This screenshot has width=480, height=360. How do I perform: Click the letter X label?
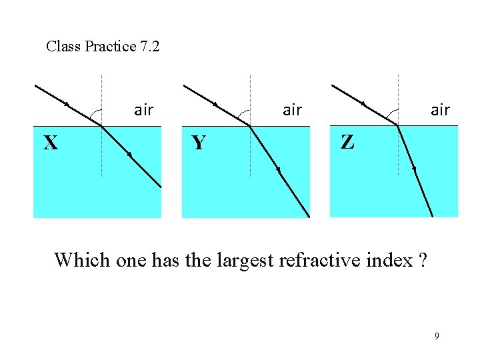pyautogui.click(x=50, y=143)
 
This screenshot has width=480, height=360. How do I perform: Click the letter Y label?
pyautogui.click(x=198, y=143)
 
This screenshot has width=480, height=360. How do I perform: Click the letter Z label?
pyautogui.click(x=347, y=141)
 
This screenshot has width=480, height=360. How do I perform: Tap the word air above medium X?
pyautogui.click(x=143, y=110)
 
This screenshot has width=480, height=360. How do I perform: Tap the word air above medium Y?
pyautogui.click(x=292, y=110)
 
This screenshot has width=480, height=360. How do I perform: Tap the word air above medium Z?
pyautogui.click(x=440, y=110)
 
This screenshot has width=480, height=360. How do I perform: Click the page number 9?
pyautogui.click(x=437, y=336)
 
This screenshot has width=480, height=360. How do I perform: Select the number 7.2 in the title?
pyautogui.click(x=149, y=47)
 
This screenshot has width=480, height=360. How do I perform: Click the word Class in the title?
pyautogui.click(x=63, y=47)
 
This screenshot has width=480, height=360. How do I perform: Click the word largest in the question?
pyautogui.click(x=245, y=261)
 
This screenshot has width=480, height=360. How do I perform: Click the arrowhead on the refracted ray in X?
pyautogui.click(x=129, y=155)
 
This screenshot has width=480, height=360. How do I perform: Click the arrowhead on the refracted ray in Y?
pyautogui.click(x=279, y=171)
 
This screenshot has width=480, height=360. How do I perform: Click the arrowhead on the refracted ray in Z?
pyautogui.click(x=414, y=169)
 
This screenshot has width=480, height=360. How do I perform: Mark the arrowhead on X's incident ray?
pyautogui.click(x=67, y=104)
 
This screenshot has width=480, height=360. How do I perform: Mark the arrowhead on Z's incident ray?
pyautogui.click(x=363, y=104)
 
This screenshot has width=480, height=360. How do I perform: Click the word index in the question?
pyautogui.click(x=390, y=259)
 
